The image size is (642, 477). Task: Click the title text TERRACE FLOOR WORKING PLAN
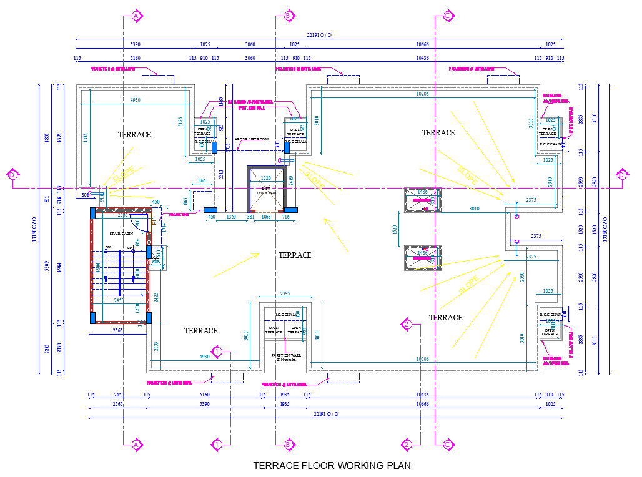click(332, 466)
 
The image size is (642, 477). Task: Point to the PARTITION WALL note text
click(286, 357)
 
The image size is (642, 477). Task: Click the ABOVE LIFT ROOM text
click(251, 139)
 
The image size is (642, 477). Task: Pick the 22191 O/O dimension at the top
click(319, 35)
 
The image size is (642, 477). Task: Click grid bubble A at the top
click(137, 16)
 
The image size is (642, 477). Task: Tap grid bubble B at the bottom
click(288, 445)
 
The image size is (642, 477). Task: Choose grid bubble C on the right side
click(621, 175)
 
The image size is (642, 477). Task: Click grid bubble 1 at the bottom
click(217, 445)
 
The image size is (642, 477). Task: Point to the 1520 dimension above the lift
click(265, 178)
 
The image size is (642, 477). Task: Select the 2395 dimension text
click(285, 293)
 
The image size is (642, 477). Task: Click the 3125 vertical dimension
click(180, 121)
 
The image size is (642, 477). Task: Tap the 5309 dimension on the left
click(47, 266)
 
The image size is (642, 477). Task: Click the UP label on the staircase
click(130, 248)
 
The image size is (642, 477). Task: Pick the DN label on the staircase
click(108, 248)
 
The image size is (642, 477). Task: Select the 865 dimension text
click(202, 180)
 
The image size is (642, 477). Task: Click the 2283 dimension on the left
click(47, 349)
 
